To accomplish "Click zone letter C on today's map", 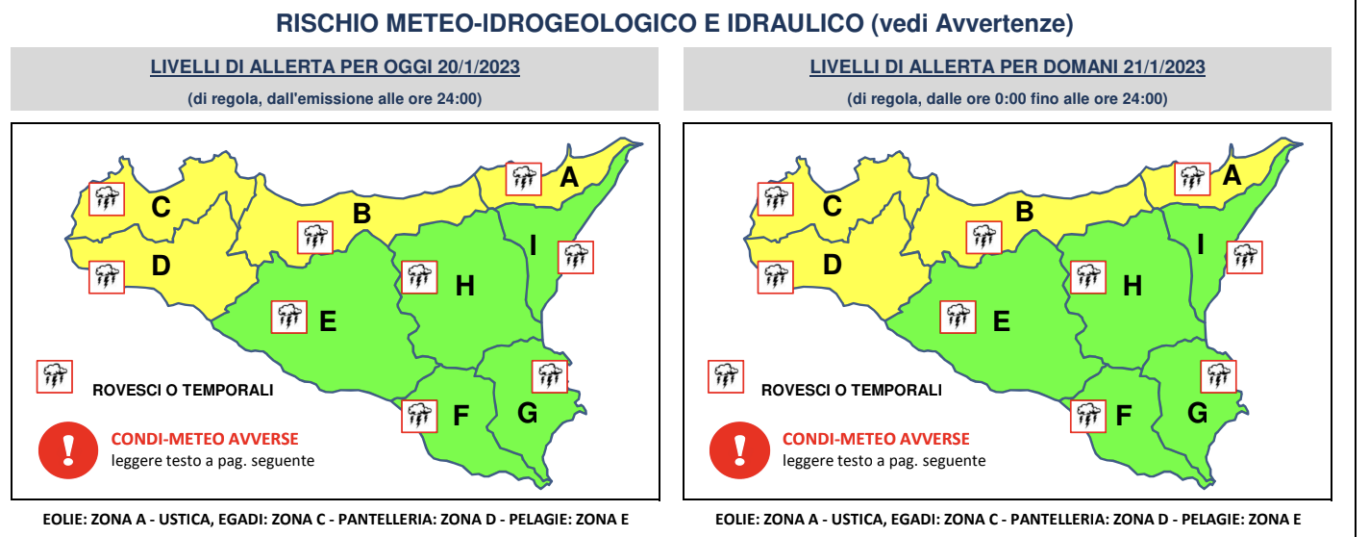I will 162,206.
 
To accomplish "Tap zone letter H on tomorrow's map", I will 1133,285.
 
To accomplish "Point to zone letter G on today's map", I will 527,413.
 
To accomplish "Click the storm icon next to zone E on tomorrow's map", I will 958,316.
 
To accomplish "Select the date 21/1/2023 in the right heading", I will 1162,67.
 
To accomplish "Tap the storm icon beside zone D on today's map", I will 106,277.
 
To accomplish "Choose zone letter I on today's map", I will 533,245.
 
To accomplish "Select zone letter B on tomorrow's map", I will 1025,212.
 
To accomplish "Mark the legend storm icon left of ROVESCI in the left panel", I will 54,376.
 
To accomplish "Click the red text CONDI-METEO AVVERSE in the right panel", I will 876,439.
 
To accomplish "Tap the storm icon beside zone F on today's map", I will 418,415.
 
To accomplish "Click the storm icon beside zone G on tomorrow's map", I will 1219,375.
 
